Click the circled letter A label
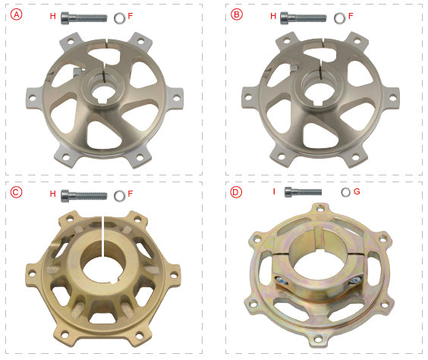(17, 14)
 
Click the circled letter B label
(236, 14)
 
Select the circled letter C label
(16, 192)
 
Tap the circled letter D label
(236, 192)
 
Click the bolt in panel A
(83, 18)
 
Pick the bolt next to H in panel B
(304, 18)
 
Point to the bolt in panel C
(83, 196)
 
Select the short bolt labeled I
(303, 192)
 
